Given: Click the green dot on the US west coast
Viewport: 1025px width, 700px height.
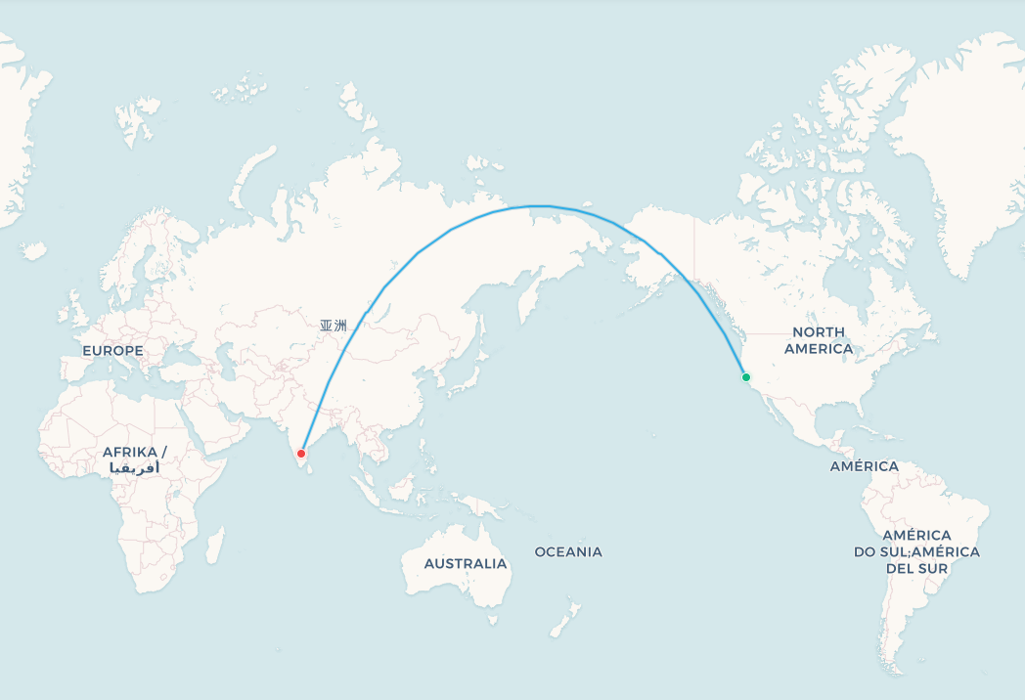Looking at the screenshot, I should [x=746, y=377].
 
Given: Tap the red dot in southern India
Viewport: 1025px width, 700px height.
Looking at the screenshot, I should [x=301, y=454].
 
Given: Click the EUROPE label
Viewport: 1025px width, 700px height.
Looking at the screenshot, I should [x=112, y=350].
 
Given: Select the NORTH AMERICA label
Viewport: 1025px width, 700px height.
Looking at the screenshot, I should [x=819, y=340].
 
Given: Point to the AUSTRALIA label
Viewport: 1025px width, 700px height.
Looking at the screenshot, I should [x=466, y=564].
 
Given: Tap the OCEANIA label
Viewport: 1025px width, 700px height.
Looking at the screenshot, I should [x=568, y=552].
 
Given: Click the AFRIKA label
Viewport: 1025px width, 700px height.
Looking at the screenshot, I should [x=135, y=452].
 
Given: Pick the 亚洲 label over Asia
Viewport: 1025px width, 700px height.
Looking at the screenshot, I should [x=333, y=326].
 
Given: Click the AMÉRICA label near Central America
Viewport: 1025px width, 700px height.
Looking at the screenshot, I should [x=865, y=466].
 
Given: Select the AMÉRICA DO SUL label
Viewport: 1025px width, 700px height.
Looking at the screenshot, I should [x=916, y=544].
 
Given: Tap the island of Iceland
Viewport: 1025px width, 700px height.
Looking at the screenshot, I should [x=32, y=251].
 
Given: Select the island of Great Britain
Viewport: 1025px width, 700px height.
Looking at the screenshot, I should [x=73, y=305].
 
